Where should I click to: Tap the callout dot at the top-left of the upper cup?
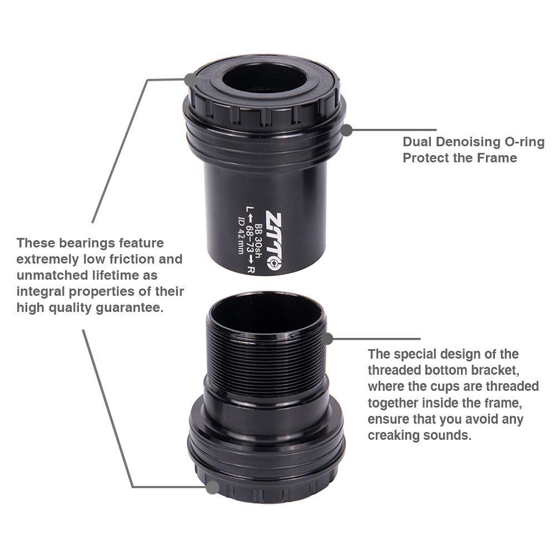pos(191,80)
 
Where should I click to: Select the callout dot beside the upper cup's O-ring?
pos(346,130)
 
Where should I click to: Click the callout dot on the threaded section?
pos(327,338)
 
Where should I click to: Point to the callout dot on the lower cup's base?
pos(212,488)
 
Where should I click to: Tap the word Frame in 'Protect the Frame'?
pos(496,158)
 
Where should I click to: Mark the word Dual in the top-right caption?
pos(415,142)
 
